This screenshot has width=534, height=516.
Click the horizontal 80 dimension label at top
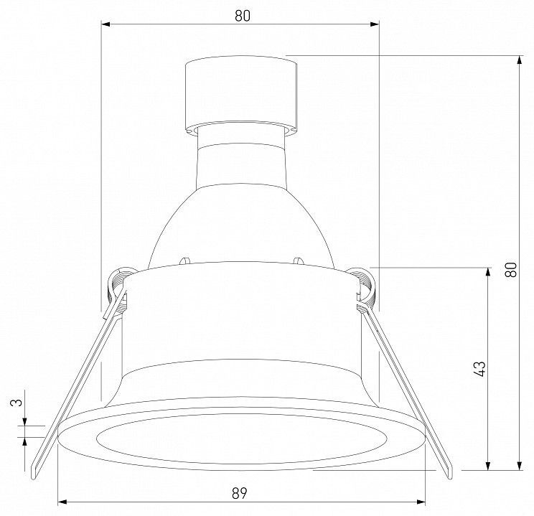coord(243,16)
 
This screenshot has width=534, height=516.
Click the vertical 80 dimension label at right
coord(511,270)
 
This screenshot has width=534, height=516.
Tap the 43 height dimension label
coord(480,369)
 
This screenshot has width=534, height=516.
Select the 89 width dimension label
coord(240,493)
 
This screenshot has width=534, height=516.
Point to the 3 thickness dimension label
coord(17,403)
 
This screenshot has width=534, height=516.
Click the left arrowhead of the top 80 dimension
coord(106,24)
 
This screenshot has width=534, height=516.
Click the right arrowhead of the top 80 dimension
coord(375,24)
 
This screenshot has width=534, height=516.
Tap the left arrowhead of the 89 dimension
coord(62,502)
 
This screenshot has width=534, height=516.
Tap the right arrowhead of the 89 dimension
coord(421,502)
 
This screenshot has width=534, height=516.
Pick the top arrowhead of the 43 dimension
coord(488,272)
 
